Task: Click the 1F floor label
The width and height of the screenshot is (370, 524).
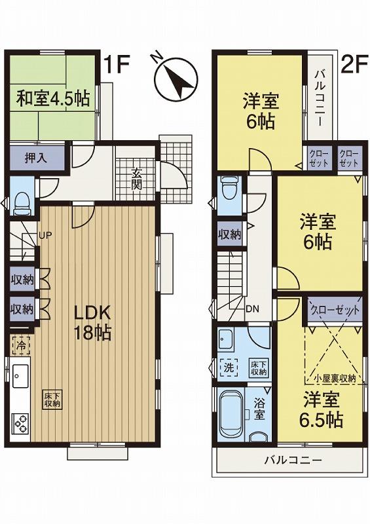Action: point(119,65)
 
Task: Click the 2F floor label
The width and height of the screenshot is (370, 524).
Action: point(354,65)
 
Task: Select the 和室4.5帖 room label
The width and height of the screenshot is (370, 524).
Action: point(54,99)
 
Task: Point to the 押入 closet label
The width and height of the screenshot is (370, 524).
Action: point(37,158)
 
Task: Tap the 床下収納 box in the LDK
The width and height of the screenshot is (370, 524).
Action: point(52,400)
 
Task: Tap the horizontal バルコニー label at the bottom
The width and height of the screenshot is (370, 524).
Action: point(293,460)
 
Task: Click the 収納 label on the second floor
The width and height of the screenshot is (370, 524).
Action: point(229,234)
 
